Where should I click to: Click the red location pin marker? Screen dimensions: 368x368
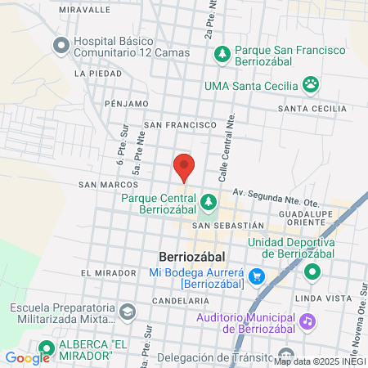(184, 167)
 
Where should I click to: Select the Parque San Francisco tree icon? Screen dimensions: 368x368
(222, 53)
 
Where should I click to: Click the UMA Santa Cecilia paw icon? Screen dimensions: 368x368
(310, 83)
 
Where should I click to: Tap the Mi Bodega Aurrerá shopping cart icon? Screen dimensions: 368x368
(257, 276)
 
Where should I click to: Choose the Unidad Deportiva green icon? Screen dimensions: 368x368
(312, 272)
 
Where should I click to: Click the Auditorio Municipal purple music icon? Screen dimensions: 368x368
(307, 321)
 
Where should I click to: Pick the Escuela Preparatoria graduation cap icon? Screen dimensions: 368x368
(127, 312)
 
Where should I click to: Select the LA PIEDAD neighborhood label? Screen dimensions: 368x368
(92, 73)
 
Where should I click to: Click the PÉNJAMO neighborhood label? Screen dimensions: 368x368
(127, 104)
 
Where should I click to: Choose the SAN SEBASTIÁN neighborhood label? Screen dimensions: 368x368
(228, 225)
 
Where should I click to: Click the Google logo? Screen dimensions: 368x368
(27, 357)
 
